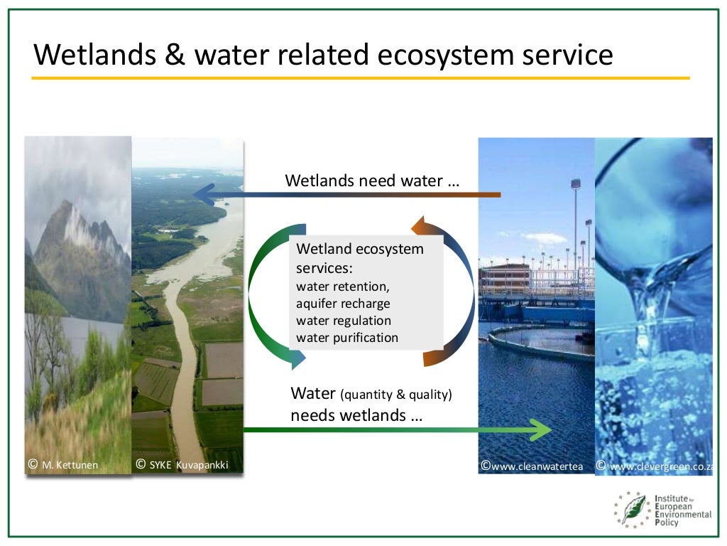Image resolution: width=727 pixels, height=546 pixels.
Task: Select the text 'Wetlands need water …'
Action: click(372, 181)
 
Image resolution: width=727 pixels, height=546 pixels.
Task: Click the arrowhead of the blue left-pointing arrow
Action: click(202, 193)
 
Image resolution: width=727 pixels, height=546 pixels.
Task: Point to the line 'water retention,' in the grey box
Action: click(343, 287)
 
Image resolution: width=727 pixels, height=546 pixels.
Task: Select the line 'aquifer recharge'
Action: click(343, 304)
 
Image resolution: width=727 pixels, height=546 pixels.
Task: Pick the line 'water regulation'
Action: click(344, 321)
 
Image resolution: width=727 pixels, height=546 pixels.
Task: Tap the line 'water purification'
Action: click(347, 338)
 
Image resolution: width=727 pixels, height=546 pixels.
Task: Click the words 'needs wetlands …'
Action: click(356, 415)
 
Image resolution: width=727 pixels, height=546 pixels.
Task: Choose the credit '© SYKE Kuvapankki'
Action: click(182, 466)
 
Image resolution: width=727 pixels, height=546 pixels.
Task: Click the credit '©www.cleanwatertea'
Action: click(532, 466)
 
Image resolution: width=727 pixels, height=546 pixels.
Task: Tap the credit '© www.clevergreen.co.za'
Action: click(655, 466)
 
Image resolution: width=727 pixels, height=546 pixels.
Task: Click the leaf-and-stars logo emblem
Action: click(632, 509)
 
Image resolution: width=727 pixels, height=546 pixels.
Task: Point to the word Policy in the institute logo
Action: click(667, 523)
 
